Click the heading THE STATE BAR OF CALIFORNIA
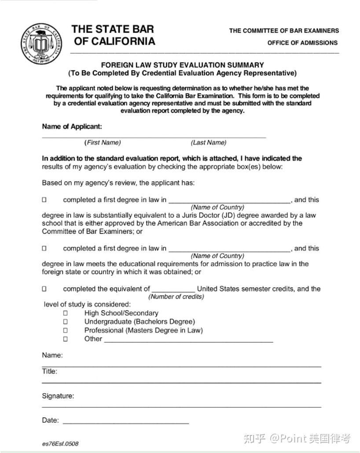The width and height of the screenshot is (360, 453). (x=114, y=35)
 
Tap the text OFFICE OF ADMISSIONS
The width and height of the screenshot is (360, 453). (x=302, y=43)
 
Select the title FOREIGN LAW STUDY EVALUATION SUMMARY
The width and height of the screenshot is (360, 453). (x=182, y=65)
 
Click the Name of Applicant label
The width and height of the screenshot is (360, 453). (x=72, y=127)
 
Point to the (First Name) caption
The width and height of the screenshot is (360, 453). (x=103, y=142)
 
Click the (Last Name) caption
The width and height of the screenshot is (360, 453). (x=209, y=142)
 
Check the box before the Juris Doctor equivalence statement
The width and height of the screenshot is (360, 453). (x=44, y=200)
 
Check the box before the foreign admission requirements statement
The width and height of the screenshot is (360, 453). (x=44, y=248)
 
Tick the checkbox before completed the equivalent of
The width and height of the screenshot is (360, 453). (x=44, y=289)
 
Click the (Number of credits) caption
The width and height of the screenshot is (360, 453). (x=176, y=296)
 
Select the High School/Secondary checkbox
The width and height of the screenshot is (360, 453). (x=65, y=313)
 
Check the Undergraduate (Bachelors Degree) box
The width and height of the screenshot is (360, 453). (x=65, y=321)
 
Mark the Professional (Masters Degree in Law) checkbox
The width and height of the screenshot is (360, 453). (x=65, y=330)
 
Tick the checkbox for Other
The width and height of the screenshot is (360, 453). (x=65, y=339)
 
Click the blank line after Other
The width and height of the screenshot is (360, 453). (x=188, y=340)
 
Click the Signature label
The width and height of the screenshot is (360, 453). (x=58, y=396)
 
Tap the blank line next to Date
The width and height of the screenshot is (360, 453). (x=125, y=421)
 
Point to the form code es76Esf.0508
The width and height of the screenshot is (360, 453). (x=60, y=443)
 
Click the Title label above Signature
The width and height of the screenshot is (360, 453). (x=50, y=371)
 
